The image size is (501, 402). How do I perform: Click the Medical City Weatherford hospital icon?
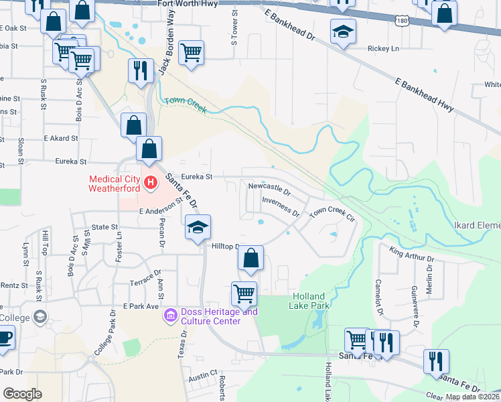[151, 182]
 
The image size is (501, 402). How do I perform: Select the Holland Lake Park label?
[307, 301]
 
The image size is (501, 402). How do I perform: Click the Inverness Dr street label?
[280, 206]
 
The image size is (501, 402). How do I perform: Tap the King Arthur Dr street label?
[412, 254]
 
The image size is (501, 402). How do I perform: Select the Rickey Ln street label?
[383, 48]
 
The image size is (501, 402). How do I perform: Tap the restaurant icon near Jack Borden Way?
[140, 70]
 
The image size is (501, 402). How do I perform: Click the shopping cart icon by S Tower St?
[192, 52]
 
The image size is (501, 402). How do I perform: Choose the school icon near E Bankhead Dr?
[343, 31]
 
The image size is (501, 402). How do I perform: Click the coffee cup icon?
[4, 337]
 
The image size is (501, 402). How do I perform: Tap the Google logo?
[23, 394]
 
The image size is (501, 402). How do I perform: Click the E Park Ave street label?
[141, 306]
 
